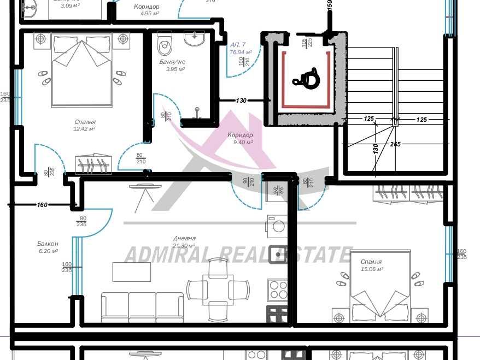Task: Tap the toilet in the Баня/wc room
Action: tap(165, 44)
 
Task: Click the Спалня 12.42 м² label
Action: tap(85, 126)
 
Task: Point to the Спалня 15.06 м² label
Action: tap(372, 265)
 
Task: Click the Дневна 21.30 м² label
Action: tap(184, 242)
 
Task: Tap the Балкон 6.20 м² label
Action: tap(48, 247)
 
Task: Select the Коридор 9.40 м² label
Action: tap(240, 138)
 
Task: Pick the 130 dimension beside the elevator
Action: tap(241, 101)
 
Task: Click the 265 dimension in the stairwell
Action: tap(396, 144)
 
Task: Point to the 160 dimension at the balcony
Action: tap(42, 205)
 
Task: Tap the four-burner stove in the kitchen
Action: tap(277, 288)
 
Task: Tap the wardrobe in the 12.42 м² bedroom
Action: tap(93, 164)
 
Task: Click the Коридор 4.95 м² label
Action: tap(147, 10)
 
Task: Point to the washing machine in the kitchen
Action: tap(276, 226)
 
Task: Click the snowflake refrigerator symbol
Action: tap(277, 191)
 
